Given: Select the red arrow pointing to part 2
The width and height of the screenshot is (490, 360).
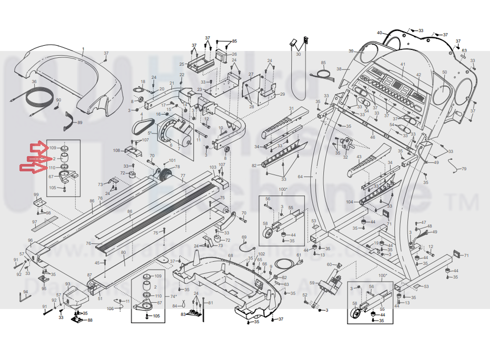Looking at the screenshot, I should [x=36, y=158].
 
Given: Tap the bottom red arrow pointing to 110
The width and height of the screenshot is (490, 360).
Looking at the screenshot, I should [x=32, y=168].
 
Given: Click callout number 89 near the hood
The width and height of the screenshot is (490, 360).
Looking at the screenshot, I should [x=80, y=123].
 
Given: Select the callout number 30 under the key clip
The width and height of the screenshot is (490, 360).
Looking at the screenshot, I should [x=298, y=54].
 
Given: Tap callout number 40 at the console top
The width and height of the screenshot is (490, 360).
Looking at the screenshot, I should [x=379, y=33].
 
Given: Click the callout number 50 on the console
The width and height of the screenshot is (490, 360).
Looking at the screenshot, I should [x=444, y=72].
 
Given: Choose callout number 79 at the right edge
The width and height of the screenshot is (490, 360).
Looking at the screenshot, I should [x=464, y=169].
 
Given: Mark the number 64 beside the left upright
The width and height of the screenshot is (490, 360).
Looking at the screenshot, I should [x=301, y=176].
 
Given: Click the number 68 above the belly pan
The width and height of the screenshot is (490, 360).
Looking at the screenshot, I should [x=230, y=256].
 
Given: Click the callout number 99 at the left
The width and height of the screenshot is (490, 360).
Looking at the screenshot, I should [x=36, y=195].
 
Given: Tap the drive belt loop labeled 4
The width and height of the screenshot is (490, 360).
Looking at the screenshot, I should [x=142, y=125].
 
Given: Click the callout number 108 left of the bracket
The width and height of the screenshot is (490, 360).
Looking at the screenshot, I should [x=116, y=151].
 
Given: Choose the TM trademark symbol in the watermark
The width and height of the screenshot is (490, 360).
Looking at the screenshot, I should [x=465, y=202].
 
